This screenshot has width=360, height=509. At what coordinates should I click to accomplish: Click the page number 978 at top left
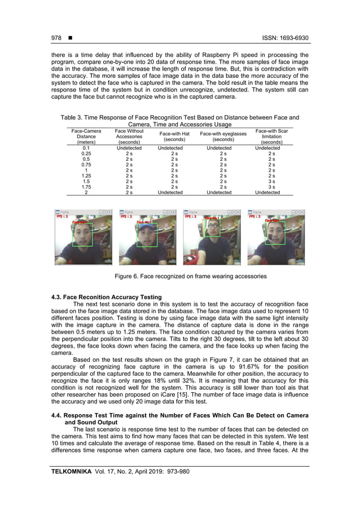56,38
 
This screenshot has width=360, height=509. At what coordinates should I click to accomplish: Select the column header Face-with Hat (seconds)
170,136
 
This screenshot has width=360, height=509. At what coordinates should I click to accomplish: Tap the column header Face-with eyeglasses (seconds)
223,136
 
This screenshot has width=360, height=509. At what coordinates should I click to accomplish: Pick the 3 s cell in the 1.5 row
271,181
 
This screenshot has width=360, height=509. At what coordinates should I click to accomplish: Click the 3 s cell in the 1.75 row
271,187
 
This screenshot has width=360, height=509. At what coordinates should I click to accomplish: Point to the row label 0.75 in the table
86,164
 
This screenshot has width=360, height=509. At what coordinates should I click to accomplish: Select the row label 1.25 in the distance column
86,175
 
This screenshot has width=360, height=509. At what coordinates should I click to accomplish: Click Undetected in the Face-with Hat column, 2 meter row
170,192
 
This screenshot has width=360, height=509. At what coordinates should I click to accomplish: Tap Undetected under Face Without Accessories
129,148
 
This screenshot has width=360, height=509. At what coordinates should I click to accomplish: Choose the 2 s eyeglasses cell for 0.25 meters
223,153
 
